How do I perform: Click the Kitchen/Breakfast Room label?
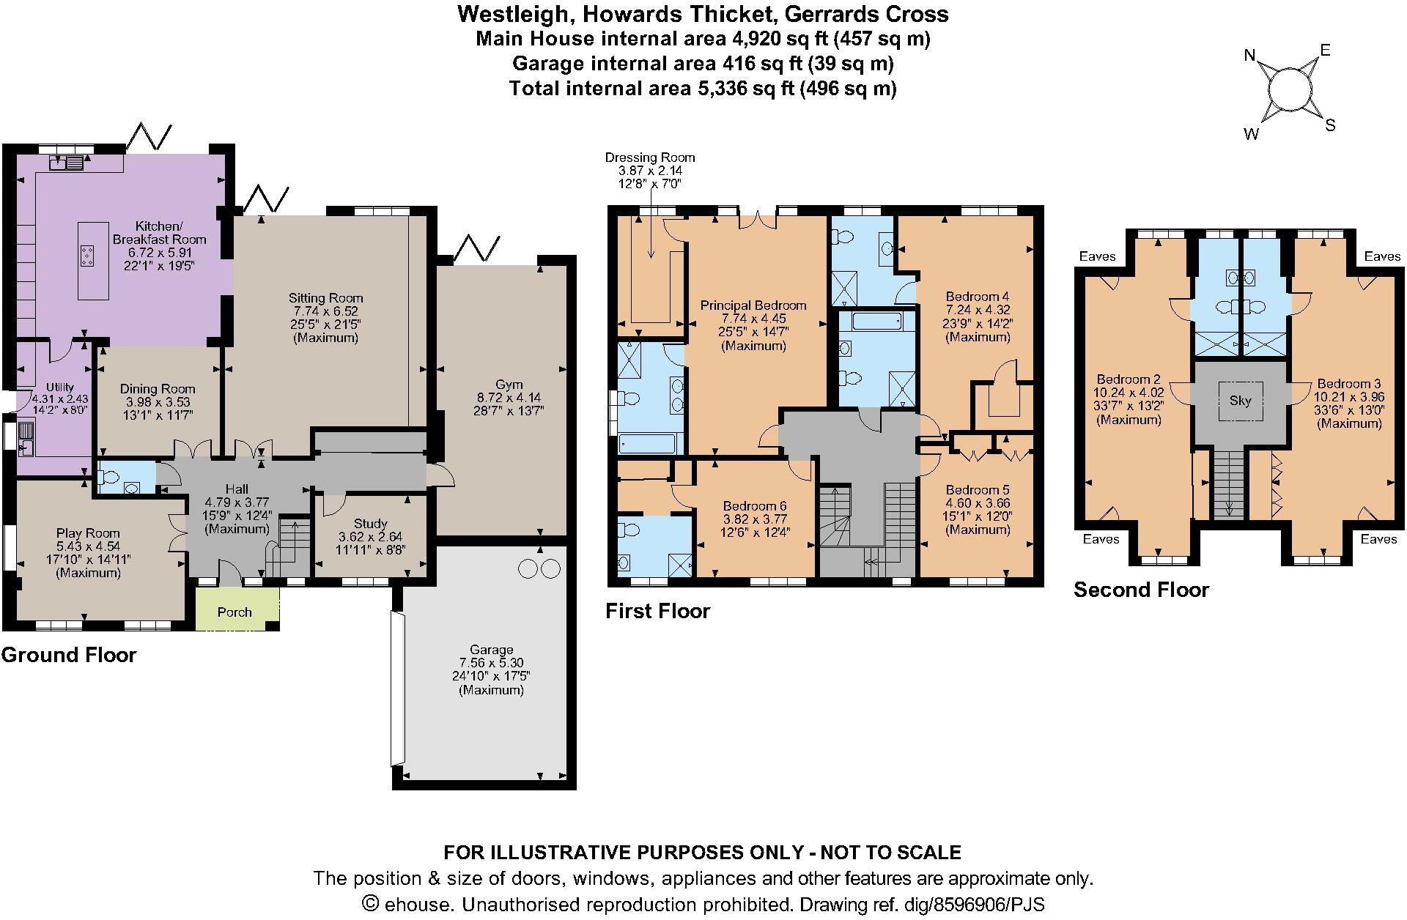pos(159,232)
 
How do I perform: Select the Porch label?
pos(234,612)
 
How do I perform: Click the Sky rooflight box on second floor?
pos(1240,401)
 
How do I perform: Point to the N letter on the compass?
pos(1251,56)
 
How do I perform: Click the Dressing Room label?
pos(649,157)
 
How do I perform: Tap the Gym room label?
pos(509,385)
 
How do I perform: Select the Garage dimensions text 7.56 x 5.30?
pos(491,663)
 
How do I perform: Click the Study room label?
pos(370,524)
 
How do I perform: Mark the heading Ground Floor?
pos(69,655)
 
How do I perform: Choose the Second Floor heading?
pos(1141,590)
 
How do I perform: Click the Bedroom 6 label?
pos(755,506)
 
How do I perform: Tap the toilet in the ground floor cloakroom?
pos(109,478)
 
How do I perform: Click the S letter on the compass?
pos(1330,126)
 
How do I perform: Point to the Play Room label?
pos(88,533)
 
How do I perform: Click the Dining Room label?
pos(158,389)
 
